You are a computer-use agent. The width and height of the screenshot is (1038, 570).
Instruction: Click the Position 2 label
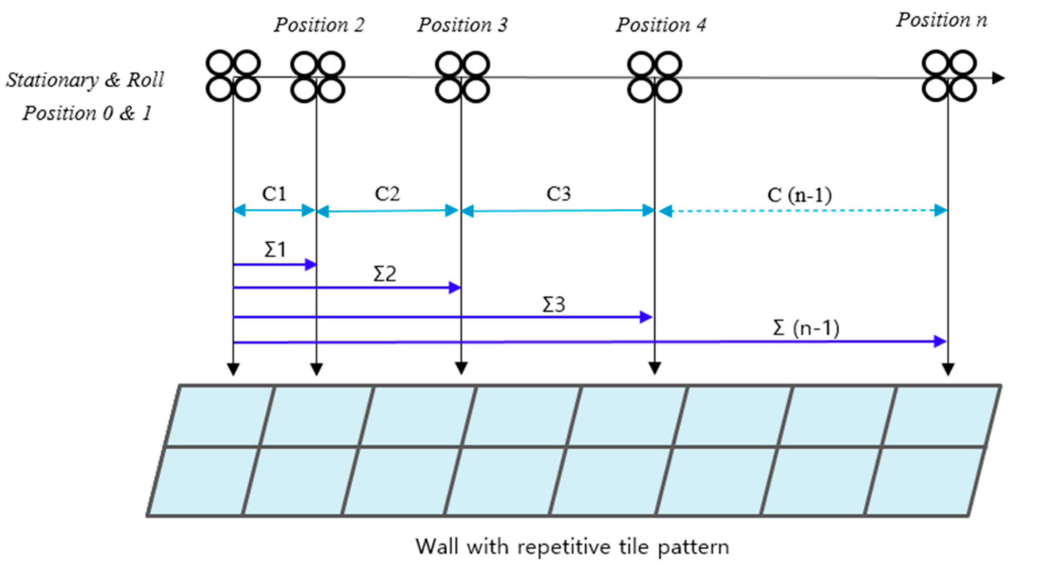pos(319,25)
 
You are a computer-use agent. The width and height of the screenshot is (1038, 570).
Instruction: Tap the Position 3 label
pos(462,25)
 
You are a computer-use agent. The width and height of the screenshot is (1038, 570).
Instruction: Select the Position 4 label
pos(661,25)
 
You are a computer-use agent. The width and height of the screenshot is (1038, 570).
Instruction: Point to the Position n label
pos(942,20)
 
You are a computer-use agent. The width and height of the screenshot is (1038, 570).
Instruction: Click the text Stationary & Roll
pos(85,80)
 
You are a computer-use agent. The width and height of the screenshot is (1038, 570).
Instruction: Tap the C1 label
pos(274,194)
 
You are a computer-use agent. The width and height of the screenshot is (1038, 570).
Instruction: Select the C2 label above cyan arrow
pos(387,194)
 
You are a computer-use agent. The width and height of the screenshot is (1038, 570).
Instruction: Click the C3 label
pos(558,194)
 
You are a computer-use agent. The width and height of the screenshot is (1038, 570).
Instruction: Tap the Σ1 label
pos(275,250)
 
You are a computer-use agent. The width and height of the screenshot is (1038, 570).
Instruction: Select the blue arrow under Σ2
pos(346,288)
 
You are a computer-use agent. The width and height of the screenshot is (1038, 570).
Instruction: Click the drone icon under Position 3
pos(462,76)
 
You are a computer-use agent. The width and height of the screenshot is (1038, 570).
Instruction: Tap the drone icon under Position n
pos(949,76)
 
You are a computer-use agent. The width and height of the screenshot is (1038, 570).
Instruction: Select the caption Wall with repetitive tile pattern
pos(572,547)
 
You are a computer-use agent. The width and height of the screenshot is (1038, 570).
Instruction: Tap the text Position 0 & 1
pos(87,113)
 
